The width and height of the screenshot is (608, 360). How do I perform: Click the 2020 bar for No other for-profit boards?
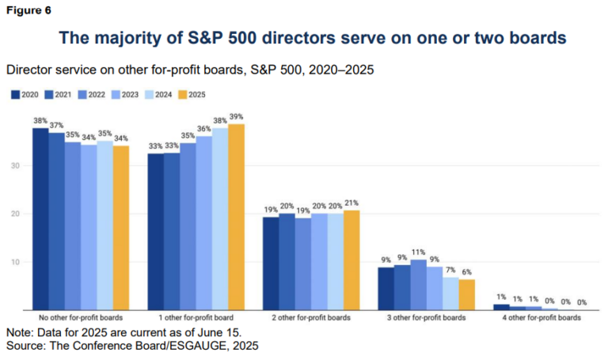(40, 218)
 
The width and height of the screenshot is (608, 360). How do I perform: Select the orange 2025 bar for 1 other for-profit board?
(237, 217)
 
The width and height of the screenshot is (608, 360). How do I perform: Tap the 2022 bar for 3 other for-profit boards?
(419, 284)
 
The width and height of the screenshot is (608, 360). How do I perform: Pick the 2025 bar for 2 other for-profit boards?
(351, 260)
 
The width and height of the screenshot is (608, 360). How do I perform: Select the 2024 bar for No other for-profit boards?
(104, 225)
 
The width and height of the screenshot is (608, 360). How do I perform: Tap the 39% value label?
(237, 117)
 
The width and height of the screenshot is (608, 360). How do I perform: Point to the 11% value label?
(419, 253)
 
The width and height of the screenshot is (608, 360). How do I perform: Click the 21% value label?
(351, 204)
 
